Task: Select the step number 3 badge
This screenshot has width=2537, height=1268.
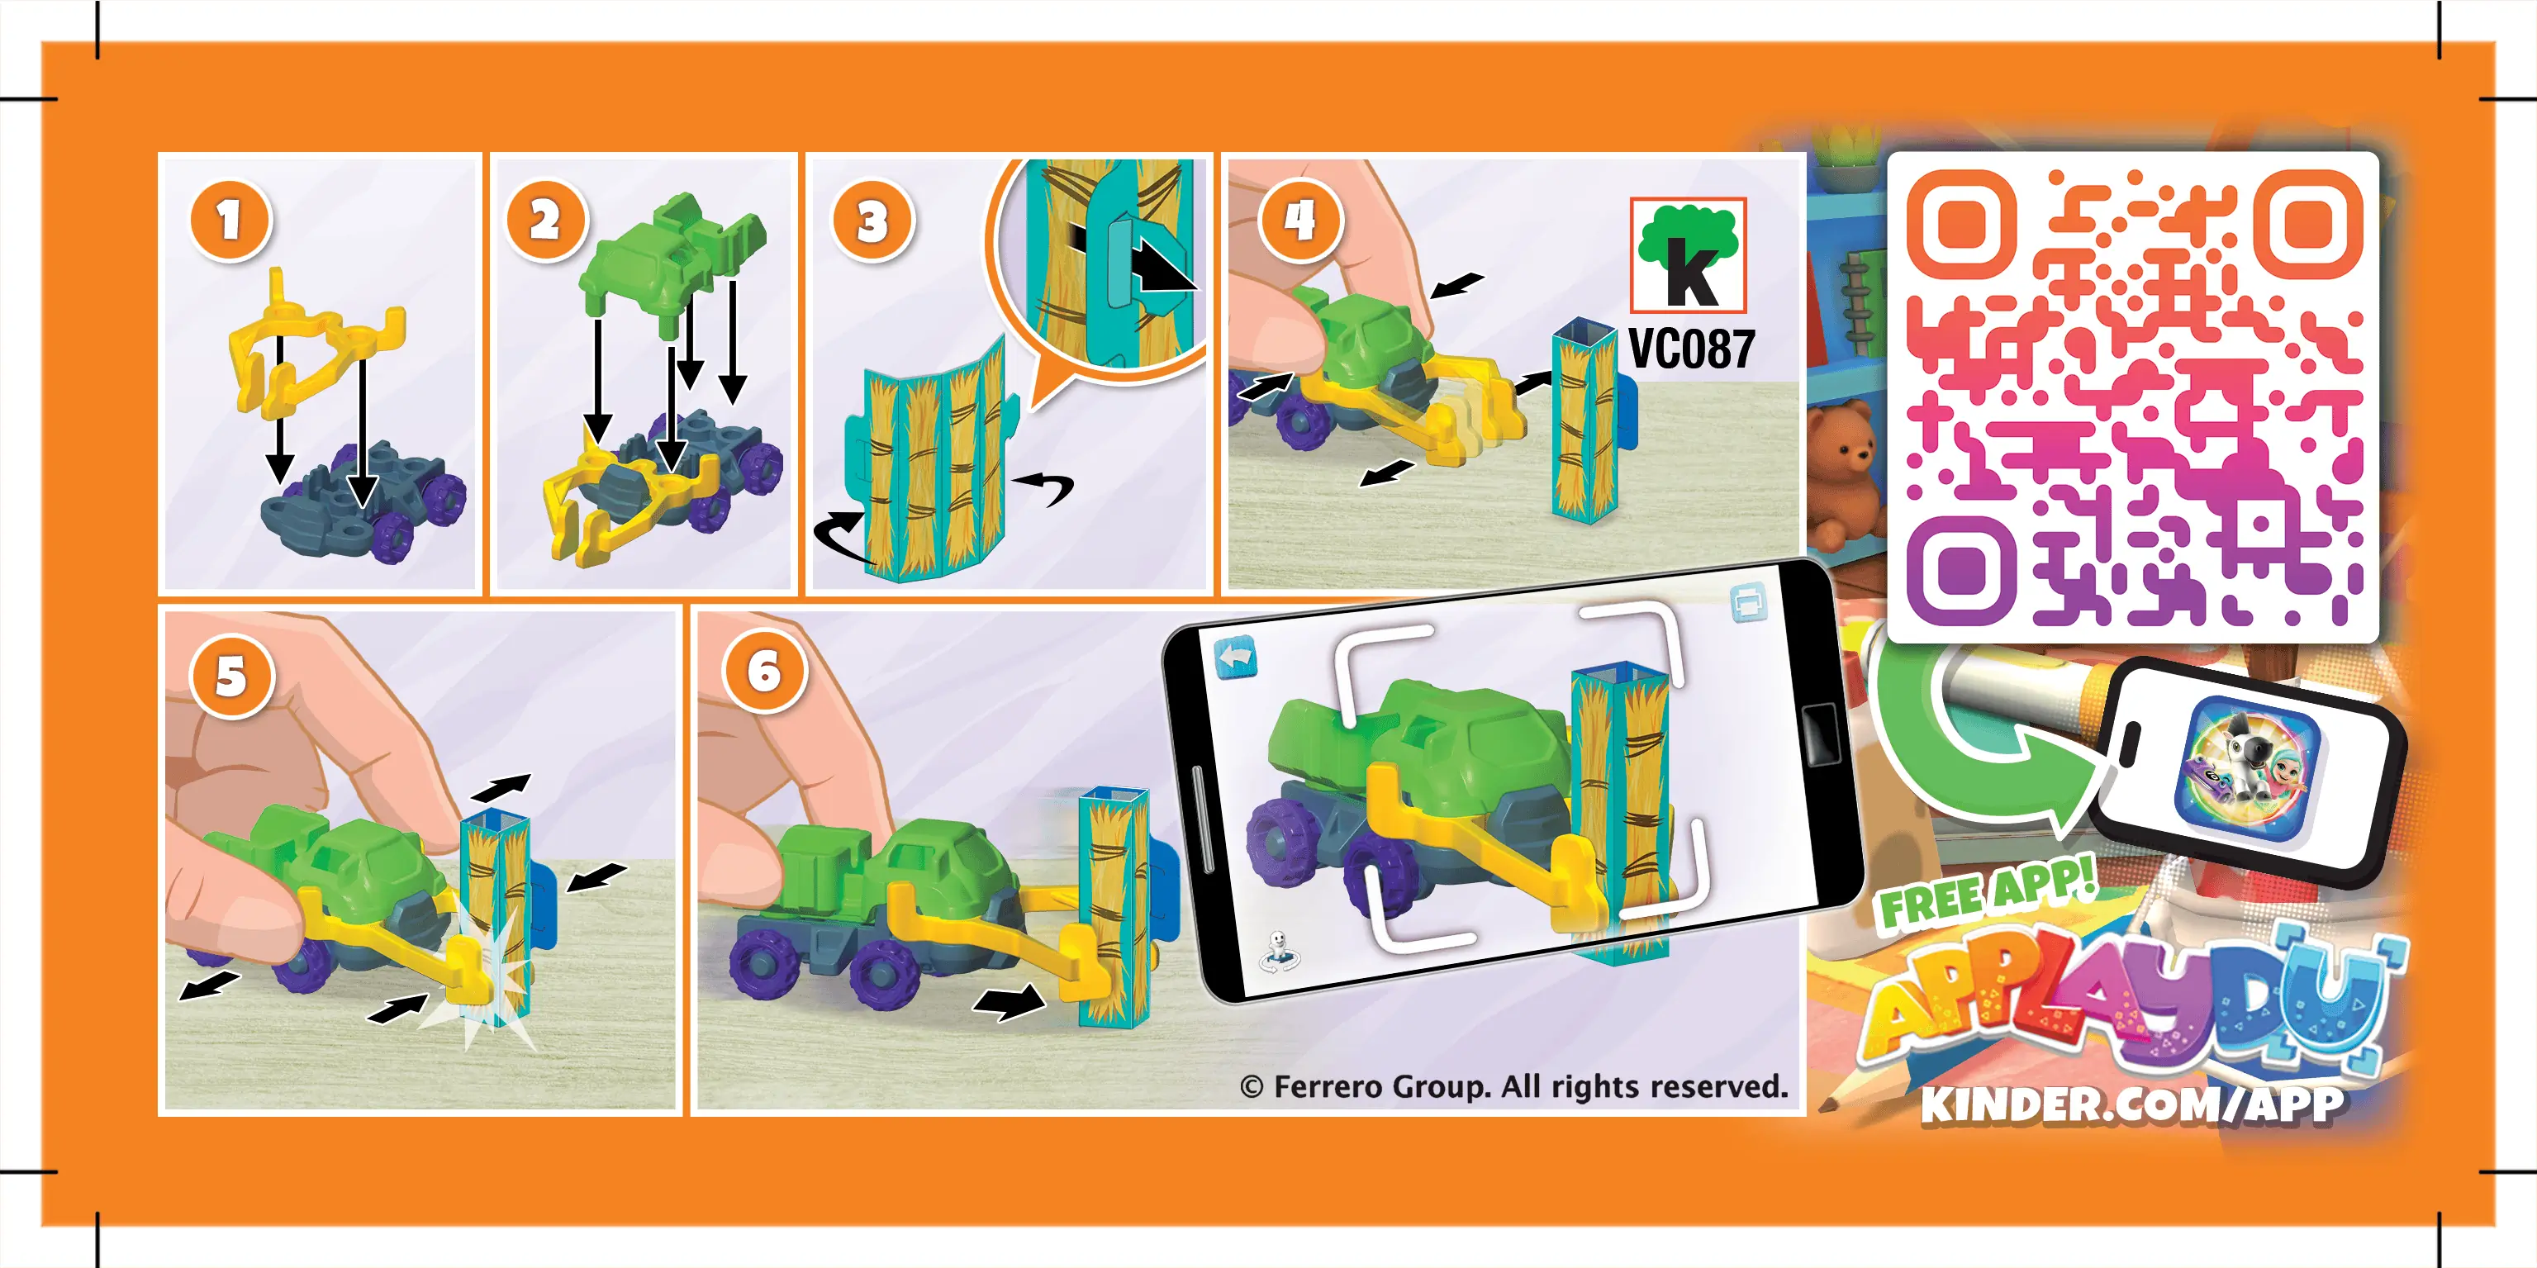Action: pos(872,221)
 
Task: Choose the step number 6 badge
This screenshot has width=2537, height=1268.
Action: pos(764,672)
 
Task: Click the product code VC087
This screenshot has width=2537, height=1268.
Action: pos(1690,349)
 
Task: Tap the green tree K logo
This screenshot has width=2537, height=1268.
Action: pos(1688,255)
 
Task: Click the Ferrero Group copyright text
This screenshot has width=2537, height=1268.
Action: pos(1513,1087)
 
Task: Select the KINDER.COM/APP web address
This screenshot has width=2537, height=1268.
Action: pos(2132,1104)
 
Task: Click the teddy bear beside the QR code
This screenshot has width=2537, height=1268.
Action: pos(1845,473)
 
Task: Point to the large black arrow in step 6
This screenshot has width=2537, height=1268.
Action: pos(1010,1002)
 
